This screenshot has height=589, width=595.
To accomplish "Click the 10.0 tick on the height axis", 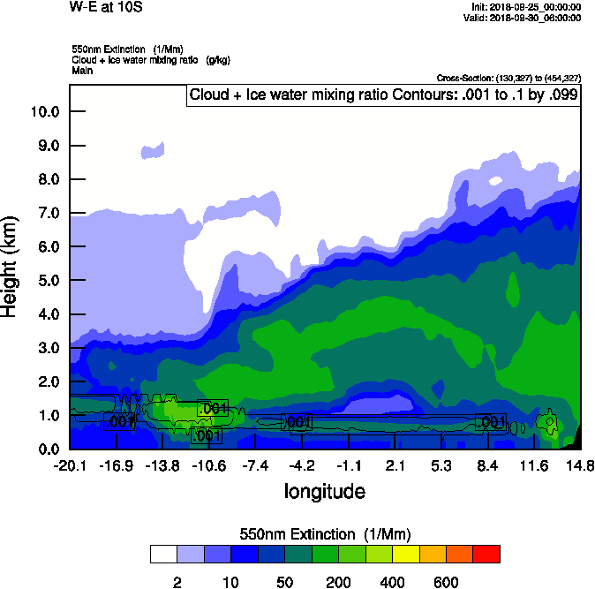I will pyautogui.click(x=44, y=111).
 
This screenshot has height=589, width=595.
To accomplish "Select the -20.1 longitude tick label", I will pyautogui.click(x=70, y=465).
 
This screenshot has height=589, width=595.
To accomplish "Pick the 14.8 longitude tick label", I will pyautogui.click(x=580, y=465).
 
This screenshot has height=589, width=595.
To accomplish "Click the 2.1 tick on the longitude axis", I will pyautogui.click(x=395, y=465).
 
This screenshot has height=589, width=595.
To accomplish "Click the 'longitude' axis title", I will pyautogui.click(x=324, y=491).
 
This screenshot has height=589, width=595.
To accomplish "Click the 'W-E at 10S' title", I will pyautogui.click(x=105, y=7).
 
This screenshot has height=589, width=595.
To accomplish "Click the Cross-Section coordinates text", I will pyautogui.click(x=508, y=78).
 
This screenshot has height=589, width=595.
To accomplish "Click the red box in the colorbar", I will pyautogui.click(x=486, y=555).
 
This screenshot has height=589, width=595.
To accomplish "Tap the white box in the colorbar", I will pyautogui.click(x=162, y=555).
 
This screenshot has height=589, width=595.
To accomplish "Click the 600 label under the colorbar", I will pyautogui.click(x=446, y=582).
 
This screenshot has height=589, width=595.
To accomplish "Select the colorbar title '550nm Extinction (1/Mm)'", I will pyautogui.click(x=325, y=534).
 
